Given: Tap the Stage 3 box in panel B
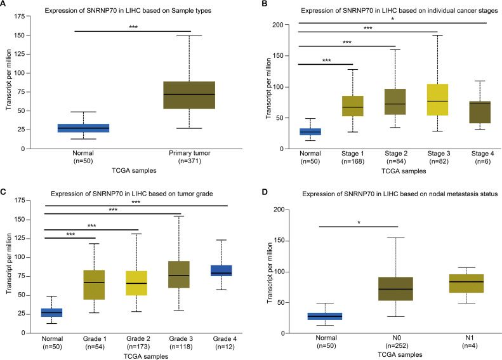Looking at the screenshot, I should point(437,100).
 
